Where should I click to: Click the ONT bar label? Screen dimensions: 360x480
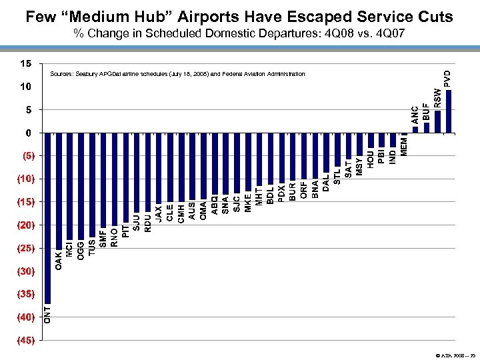(x=47, y=312)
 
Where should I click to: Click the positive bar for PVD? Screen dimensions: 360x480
(x=449, y=111)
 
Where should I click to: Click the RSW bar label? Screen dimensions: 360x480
(x=438, y=98)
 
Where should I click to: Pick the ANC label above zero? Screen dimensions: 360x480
(x=415, y=115)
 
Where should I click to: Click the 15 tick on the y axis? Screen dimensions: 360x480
(x=25, y=64)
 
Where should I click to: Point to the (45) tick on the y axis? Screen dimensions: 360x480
(x=25, y=341)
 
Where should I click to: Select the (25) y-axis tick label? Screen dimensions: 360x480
(x=25, y=249)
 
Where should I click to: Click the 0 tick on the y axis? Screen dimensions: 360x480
(x=28, y=133)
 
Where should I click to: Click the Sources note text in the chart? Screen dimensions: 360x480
(x=177, y=74)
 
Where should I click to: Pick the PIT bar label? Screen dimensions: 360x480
(x=125, y=223)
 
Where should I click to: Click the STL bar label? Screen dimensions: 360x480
(x=337, y=175)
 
